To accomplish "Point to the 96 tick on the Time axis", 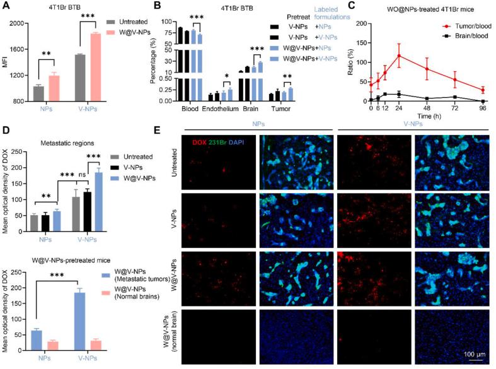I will pyautogui.click(x=483, y=110).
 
